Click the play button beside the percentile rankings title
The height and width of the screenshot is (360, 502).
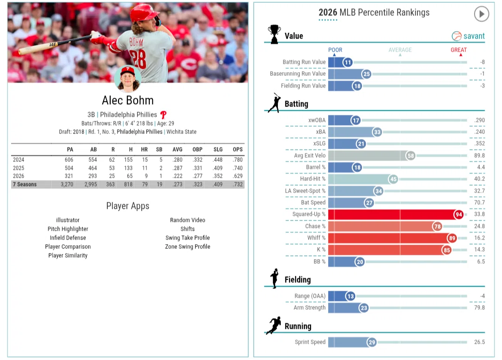click(481, 14)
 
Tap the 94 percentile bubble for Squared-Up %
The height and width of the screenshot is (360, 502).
click(459, 214)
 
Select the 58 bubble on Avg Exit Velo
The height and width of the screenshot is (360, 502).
click(410, 156)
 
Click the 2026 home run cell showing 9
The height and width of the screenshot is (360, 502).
click(146, 176)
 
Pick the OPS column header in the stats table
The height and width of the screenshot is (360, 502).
click(238, 149)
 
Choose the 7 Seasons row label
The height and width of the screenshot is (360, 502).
click(25, 184)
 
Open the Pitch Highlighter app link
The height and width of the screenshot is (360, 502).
click(68, 229)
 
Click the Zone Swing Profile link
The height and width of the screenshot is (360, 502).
click(188, 247)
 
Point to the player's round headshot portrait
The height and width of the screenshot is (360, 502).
click(128, 79)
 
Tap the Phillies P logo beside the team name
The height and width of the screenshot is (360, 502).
click(163, 115)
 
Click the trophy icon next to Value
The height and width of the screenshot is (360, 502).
click(274, 34)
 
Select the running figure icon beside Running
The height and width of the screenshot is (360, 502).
click(274, 326)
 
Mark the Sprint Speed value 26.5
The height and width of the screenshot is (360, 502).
click(479, 342)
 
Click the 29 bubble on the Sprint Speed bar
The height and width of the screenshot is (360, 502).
click(372, 342)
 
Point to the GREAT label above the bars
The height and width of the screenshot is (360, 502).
click(458, 50)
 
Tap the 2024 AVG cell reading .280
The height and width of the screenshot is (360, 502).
click(178, 160)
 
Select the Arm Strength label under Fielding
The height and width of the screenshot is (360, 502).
click(310, 307)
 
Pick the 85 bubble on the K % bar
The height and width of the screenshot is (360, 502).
click(447, 250)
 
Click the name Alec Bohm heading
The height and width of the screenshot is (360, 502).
click(128, 100)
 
